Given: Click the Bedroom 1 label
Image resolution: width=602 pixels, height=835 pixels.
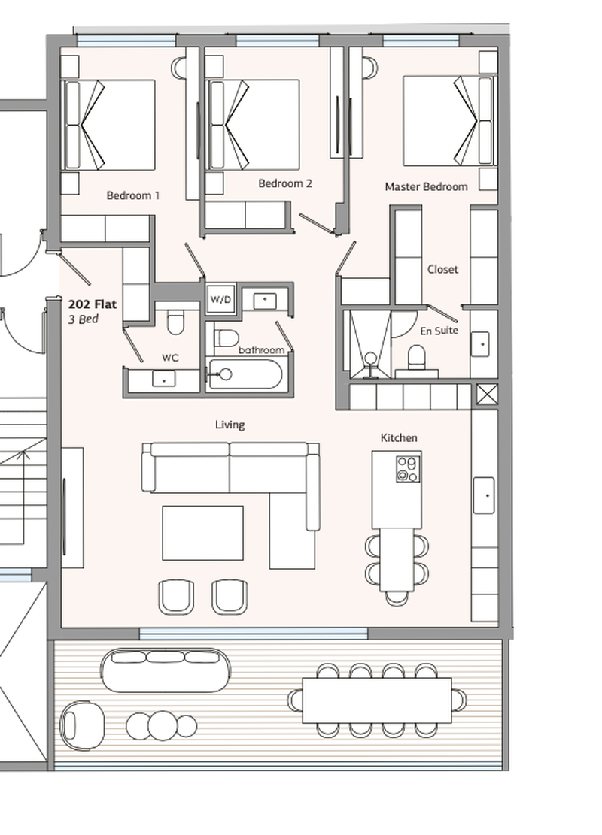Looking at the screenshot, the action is [132, 195].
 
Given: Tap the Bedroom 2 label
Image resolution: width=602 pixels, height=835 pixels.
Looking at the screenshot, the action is [284, 183].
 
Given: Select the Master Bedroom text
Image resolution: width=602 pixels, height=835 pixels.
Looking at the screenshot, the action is [426, 186].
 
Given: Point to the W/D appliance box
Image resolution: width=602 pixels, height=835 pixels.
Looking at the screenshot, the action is [220, 299].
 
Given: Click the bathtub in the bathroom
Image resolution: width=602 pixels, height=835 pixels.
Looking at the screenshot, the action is [245, 374].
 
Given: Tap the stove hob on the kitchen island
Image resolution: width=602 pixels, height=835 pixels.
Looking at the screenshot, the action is [408, 469].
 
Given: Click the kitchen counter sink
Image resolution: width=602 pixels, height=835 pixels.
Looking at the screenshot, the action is [484, 496].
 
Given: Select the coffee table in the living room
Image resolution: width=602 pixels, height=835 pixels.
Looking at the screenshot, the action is [202, 533].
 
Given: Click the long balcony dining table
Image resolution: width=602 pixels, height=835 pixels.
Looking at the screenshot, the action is [377, 700].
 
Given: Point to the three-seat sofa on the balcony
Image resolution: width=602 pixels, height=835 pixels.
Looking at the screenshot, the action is [166, 670].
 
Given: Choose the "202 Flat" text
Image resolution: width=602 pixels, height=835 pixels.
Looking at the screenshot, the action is [93, 304].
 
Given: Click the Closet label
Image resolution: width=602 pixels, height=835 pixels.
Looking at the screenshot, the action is [442, 270].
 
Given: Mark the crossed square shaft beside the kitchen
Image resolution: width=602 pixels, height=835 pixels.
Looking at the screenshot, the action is [486, 395].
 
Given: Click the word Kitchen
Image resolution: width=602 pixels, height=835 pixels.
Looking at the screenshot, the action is [399, 437].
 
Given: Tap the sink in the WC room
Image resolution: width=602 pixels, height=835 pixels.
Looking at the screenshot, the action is [164, 379].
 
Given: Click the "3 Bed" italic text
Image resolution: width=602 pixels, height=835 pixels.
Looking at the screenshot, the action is [84, 319].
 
